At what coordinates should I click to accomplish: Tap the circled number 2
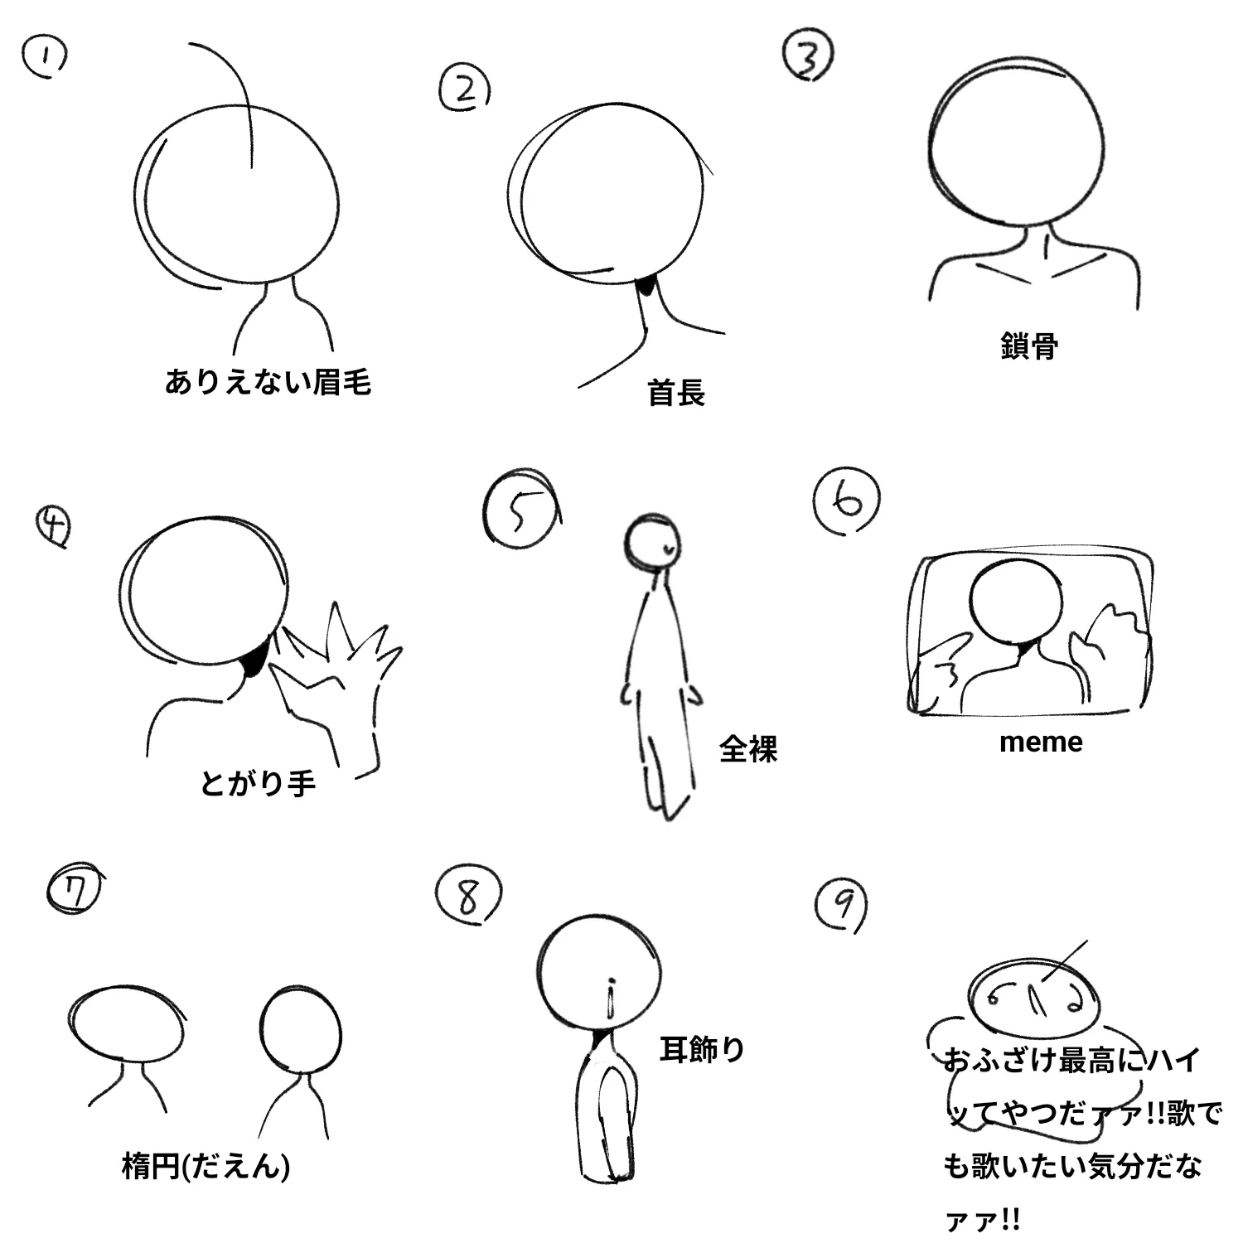[465, 88]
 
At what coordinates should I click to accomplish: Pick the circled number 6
[847, 501]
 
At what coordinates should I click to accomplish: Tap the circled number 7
[74, 891]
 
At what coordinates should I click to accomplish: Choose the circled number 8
[469, 894]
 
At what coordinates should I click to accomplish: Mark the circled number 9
[842, 907]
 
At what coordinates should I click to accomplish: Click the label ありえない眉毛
[268, 382]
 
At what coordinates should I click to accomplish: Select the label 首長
[676, 392]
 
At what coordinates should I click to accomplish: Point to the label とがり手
[258, 782]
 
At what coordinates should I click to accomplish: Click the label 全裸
[748, 749]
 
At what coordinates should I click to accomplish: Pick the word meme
[1041, 742]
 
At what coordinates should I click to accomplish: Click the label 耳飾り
[703, 1049]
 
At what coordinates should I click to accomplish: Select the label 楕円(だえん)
[206, 1167]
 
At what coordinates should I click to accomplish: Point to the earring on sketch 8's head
[611, 999]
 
